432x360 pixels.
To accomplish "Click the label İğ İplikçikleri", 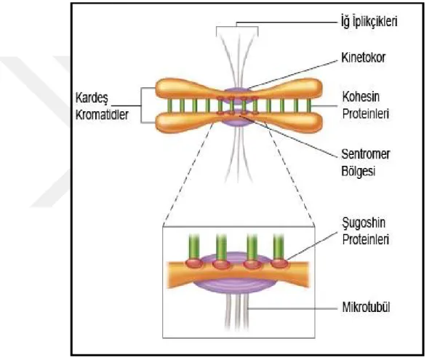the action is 369,22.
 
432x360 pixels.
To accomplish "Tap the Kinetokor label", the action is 363,58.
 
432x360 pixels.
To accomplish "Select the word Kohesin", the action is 361,97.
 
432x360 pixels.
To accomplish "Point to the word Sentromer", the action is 366,154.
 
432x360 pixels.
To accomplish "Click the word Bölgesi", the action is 359,172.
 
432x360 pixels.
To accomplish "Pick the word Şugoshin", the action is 364,223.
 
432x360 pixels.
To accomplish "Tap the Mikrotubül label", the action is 366,307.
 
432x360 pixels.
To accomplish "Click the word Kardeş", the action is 92,98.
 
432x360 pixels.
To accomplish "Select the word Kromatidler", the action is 102,115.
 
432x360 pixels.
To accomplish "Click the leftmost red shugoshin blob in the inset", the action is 194,263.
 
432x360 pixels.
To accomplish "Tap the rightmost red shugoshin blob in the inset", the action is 279,263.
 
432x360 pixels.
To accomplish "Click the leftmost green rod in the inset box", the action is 194,247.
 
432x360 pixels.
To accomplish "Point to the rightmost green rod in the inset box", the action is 279,247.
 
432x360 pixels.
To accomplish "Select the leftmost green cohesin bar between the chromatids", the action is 169,105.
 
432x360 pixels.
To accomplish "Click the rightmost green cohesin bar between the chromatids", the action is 309,105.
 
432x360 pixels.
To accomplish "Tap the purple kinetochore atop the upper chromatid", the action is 236,91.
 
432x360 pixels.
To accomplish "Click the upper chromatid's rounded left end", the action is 164,88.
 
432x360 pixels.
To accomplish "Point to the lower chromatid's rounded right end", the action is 314,123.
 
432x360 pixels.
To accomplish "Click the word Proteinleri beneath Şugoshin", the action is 366,239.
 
